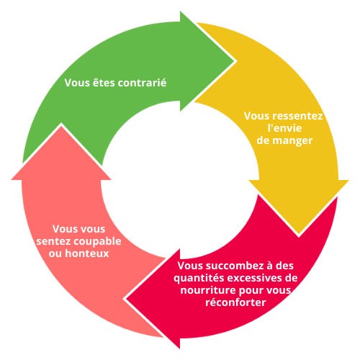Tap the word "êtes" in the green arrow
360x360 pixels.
(x=104, y=83)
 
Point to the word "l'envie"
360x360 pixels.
(x=284, y=128)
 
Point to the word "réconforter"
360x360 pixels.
(x=235, y=302)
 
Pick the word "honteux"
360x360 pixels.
(x=87, y=253)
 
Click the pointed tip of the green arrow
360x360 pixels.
(x=234, y=60)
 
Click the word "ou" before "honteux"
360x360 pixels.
(x=55, y=254)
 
